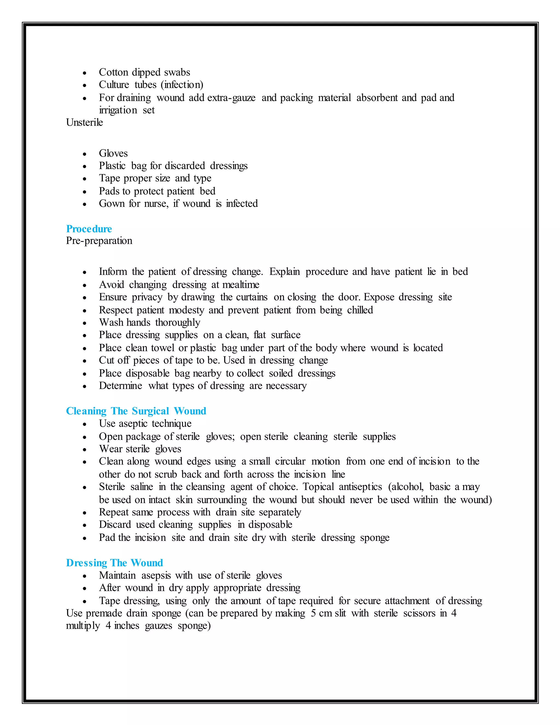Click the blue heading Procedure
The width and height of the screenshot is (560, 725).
coord(89,229)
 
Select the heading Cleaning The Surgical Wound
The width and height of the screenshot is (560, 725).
coord(136,411)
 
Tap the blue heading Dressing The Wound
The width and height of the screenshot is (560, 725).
coord(115,563)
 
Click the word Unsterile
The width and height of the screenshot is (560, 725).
coord(84,123)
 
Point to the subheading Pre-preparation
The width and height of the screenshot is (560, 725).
coord(99,241)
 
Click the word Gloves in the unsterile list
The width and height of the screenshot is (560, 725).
coord(113,153)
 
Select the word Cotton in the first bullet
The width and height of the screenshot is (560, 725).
coord(113,72)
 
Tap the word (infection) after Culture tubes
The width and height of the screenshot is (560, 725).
coord(182,85)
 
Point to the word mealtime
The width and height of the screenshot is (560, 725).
coord(241,285)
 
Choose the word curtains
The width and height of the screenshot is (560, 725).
coord(251,297)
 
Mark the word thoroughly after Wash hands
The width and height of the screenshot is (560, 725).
coord(177,323)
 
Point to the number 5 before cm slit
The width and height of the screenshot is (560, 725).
coord(313,613)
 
